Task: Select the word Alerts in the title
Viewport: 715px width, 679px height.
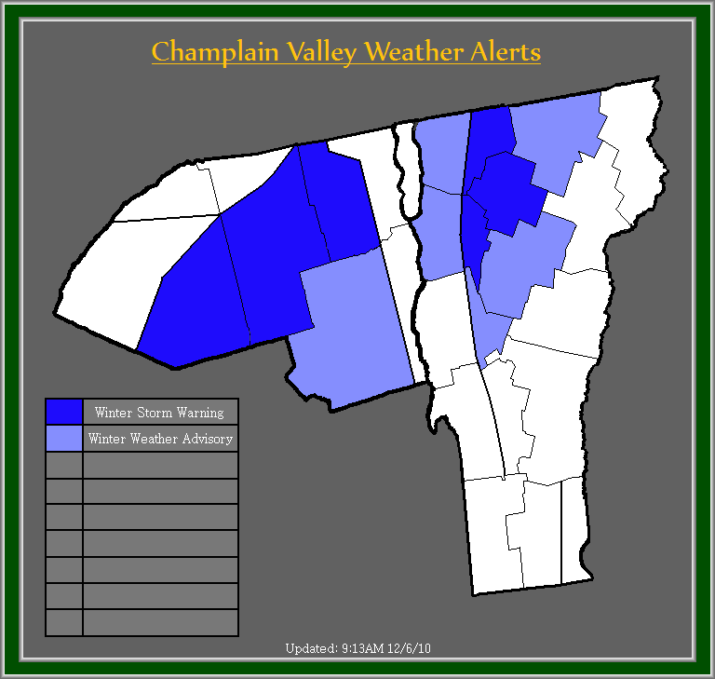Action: click(x=506, y=51)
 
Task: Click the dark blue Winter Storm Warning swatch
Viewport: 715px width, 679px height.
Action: click(x=64, y=412)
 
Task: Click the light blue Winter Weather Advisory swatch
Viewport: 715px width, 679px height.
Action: click(x=64, y=438)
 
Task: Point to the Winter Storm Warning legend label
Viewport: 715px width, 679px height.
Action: click(x=159, y=413)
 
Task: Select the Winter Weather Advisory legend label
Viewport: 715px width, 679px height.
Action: click(x=160, y=439)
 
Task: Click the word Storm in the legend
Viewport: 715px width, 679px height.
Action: click(x=161, y=413)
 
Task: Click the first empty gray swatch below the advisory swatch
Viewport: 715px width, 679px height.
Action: click(x=64, y=465)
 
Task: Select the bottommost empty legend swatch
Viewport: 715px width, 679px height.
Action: click(x=64, y=622)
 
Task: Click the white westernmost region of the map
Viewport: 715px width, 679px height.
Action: click(x=102, y=279)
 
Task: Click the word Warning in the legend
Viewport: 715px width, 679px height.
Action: click(x=203, y=413)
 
